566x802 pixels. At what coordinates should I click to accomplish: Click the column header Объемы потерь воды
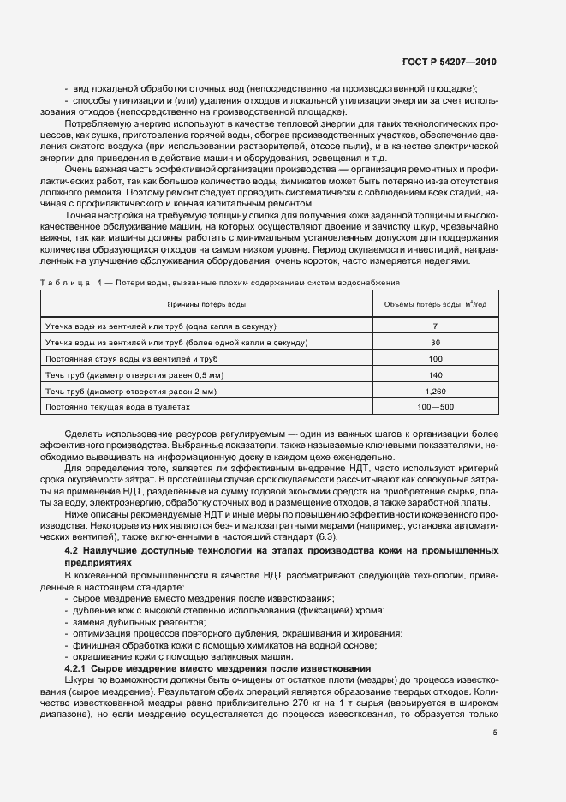pyautogui.click(x=435, y=304)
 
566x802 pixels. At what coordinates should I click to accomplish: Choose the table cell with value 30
pyautogui.click(x=435, y=343)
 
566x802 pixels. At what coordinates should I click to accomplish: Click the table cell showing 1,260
pyautogui.click(x=435, y=390)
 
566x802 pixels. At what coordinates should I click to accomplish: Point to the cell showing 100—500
pyautogui.click(x=435, y=405)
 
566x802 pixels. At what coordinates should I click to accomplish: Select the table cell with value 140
pyautogui.click(x=435, y=374)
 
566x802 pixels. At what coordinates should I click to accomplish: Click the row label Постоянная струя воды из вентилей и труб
pyautogui.click(x=133, y=359)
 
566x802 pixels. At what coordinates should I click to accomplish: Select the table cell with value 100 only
pyautogui.click(x=435, y=359)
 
